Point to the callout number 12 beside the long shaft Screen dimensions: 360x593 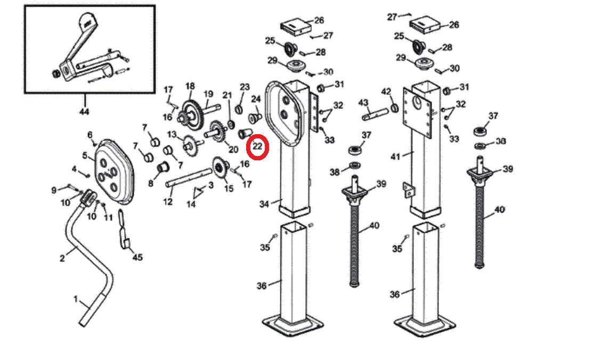tap(168, 201)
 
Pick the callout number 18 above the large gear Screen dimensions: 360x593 tap(190, 86)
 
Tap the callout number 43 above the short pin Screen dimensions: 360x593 tap(363, 102)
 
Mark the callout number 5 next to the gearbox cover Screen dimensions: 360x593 tap(85, 156)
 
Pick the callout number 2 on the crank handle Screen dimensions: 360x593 tap(62, 258)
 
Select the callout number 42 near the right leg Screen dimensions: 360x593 tap(386, 91)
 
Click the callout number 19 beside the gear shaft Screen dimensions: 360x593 tap(208, 94)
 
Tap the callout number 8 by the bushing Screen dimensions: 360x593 tap(151, 183)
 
